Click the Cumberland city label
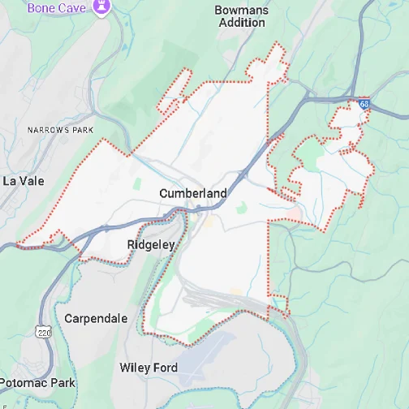coord(193,193)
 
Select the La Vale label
coord(24,180)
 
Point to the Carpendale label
coord(96,318)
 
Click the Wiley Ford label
coord(149,368)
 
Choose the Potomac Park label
coord(38,382)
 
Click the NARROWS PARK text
coord(60,130)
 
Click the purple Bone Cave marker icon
coord(101,7)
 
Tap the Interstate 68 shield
coord(364,104)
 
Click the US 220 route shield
coord(43,331)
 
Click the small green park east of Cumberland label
coord(241,208)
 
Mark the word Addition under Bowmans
coord(241,23)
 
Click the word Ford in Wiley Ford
coord(165,368)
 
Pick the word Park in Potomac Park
coord(62,382)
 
